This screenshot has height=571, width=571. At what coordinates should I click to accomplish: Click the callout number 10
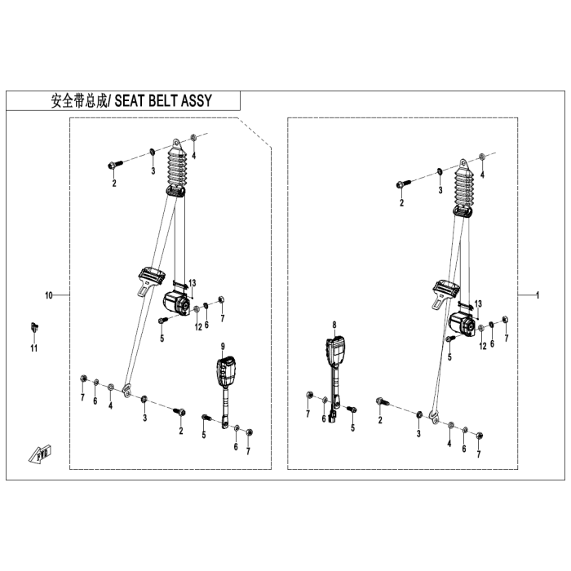click(x=49, y=295)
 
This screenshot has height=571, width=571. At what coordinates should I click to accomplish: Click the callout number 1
click(x=538, y=295)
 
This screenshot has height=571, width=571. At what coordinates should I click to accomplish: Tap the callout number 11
click(x=34, y=348)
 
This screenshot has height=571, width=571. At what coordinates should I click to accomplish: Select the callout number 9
click(x=223, y=347)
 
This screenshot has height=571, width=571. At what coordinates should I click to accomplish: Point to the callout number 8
click(x=334, y=325)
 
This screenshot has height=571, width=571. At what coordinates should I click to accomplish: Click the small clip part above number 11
click(x=34, y=327)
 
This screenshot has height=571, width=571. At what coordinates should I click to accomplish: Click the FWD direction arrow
click(x=40, y=454)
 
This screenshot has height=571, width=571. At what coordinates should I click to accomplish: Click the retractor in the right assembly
click(x=463, y=323)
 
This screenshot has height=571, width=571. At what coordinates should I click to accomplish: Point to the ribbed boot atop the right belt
click(x=464, y=188)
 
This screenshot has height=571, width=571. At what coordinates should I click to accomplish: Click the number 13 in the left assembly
click(x=193, y=283)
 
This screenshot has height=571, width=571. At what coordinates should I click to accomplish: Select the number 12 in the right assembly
click(x=483, y=346)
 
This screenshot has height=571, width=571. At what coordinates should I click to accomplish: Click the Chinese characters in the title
click(x=78, y=100)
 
